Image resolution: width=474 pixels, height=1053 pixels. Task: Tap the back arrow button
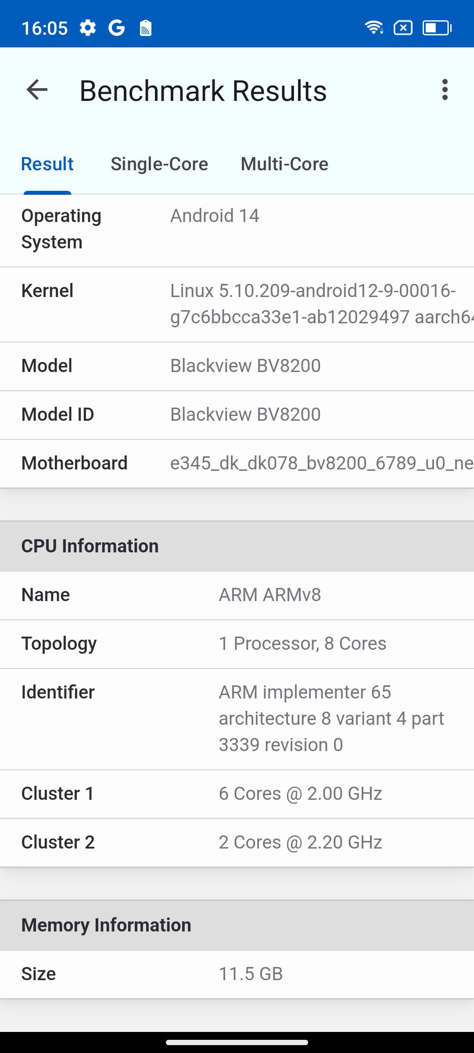click(37, 90)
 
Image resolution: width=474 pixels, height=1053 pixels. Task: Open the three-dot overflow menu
click(445, 90)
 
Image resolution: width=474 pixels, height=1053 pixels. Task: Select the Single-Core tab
click(159, 164)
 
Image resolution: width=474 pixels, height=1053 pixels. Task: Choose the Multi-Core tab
click(284, 164)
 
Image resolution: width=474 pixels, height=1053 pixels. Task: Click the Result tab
click(47, 164)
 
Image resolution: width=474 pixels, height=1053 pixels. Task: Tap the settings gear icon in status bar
click(88, 28)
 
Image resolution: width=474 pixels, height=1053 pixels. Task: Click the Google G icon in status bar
click(117, 28)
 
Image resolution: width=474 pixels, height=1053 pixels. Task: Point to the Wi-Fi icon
click(374, 28)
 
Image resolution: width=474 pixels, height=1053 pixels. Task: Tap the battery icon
click(437, 28)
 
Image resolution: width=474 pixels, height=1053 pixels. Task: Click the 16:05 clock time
click(44, 29)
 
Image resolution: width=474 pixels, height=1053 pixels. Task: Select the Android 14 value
click(215, 216)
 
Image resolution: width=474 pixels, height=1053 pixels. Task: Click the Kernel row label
click(47, 291)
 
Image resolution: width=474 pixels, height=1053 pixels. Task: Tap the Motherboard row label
click(75, 463)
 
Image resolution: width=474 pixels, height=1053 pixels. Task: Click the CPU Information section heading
click(90, 546)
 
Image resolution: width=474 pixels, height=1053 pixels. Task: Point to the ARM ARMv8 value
click(270, 595)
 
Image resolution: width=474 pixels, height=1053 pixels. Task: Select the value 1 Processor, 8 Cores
click(302, 644)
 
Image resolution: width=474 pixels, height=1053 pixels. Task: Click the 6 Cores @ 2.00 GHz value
click(300, 794)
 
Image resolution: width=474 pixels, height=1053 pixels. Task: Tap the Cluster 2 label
click(58, 842)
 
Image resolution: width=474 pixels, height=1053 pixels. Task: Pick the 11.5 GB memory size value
click(251, 974)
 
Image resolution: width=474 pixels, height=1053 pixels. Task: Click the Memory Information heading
click(106, 925)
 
